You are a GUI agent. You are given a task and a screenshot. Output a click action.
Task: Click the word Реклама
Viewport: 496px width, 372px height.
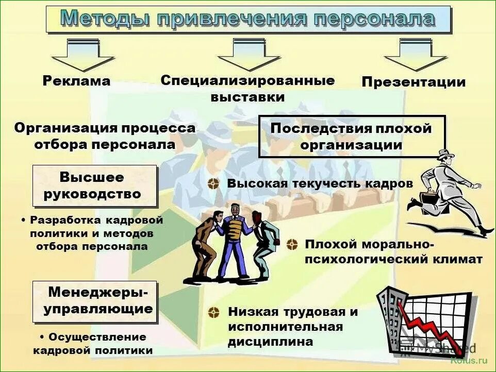click(x=76, y=81)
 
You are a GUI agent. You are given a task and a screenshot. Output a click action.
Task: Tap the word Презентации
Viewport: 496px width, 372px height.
click(x=413, y=82)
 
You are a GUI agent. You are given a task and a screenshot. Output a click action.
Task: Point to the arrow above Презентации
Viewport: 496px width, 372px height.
click(x=416, y=55)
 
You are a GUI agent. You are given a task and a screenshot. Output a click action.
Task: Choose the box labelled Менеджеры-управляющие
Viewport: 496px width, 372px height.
click(x=95, y=301)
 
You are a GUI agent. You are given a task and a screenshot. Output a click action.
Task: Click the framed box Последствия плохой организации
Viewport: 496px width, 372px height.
click(x=351, y=137)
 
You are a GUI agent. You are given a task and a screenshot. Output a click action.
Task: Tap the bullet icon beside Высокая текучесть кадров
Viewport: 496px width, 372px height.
click(x=213, y=184)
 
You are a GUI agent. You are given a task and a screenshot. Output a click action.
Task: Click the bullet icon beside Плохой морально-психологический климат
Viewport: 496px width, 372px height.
click(x=292, y=244)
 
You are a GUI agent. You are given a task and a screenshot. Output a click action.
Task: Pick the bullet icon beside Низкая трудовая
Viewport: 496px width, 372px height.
click(x=213, y=312)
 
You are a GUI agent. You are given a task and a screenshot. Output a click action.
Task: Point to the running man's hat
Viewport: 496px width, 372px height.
click(x=445, y=154)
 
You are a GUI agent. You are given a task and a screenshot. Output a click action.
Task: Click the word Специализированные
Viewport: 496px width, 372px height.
click(x=247, y=80)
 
